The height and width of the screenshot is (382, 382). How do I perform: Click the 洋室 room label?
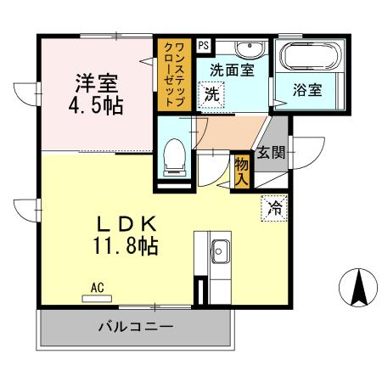pos(95,83)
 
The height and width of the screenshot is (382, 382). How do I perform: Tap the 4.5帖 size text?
pos(95,106)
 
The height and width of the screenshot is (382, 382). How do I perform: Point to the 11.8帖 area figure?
pos(125,248)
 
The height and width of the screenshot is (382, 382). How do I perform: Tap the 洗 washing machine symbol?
pos(211,94)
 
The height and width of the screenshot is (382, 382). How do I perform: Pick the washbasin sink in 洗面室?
pos(250,48)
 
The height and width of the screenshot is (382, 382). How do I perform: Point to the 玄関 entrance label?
pos(272,153)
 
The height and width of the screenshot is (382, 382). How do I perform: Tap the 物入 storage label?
pos(241,171)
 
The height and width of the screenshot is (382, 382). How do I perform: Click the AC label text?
pos(98,288)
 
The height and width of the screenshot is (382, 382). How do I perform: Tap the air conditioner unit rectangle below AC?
pos(98,298)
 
